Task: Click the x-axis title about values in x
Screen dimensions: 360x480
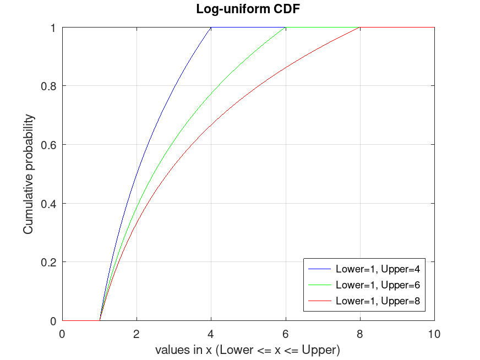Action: click(247, 350)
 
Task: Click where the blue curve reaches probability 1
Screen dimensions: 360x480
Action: click(211, 28)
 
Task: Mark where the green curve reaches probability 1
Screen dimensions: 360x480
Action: click(285, 28)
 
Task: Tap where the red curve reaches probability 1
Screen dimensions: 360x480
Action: click(359, 28)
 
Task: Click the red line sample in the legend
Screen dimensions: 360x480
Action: click(319, 301)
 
